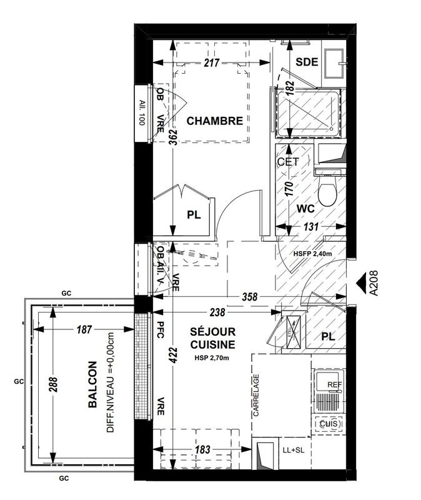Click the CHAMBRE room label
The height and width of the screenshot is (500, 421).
click(x=214, y=121)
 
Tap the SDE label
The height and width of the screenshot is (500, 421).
click(x=307, y=62)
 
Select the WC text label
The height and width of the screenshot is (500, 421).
click(x=305, y=207)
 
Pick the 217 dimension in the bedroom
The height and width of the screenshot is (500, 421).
click(x=212, y=63)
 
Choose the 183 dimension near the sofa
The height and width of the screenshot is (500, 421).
click(x=202, y=449)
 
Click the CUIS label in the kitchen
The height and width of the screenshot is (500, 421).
click(x=329, y=424)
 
